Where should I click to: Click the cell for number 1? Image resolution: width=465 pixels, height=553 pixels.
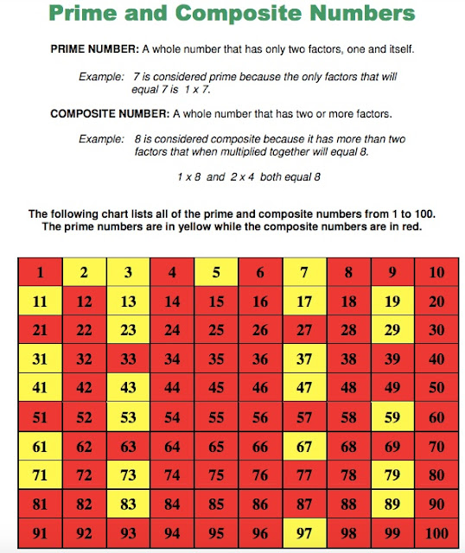pyautogui.click(x=39, y=273)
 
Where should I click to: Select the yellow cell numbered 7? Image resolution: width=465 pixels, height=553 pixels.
pyautogui.click(x=303, y=273)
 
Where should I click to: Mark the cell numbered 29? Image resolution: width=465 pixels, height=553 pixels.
pyautogui.click(x=392, y=329)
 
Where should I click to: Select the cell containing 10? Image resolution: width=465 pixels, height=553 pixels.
pyautogui.click(x=436, y=273)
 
